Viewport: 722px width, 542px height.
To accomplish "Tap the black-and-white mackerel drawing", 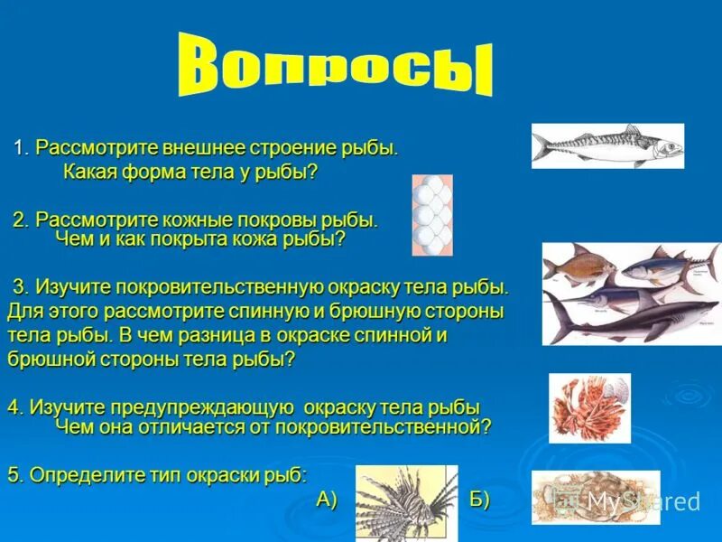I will (x=606, y=145).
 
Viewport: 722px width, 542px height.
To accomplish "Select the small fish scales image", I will (x=431, y=215).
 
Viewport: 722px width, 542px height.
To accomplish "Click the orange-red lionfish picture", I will (x=588, y=408).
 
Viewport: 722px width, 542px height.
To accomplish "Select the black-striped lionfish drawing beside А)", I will (x=405, y=502).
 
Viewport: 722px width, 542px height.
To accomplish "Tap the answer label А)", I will (x=327, y=500).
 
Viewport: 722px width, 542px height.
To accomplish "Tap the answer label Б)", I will (x=479, y=500).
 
